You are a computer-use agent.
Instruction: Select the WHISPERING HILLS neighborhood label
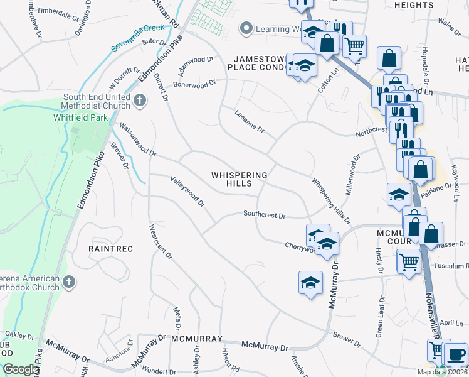point(240,179)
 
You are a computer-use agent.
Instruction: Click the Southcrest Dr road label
point(265,216)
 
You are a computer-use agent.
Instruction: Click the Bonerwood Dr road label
point(194,83)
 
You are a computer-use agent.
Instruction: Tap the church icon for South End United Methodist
point(140,99)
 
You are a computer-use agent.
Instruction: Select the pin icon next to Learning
point(246,28)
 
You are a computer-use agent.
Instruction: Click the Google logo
point(21,369)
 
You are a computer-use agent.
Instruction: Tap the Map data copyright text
point(443,372)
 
